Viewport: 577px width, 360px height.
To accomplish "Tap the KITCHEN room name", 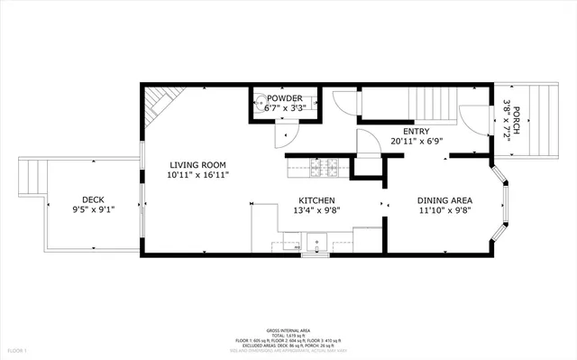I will point(317,200).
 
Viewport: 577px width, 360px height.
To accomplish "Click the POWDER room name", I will point(284,98).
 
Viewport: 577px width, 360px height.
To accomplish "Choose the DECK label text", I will point(93,200).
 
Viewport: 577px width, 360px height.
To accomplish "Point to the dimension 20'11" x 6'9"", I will point(416,141).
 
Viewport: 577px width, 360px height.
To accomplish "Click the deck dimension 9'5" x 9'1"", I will point(93,210).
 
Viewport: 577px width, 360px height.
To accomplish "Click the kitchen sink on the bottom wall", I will point(317,241).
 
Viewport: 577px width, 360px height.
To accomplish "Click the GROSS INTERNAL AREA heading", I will point(288,331).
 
